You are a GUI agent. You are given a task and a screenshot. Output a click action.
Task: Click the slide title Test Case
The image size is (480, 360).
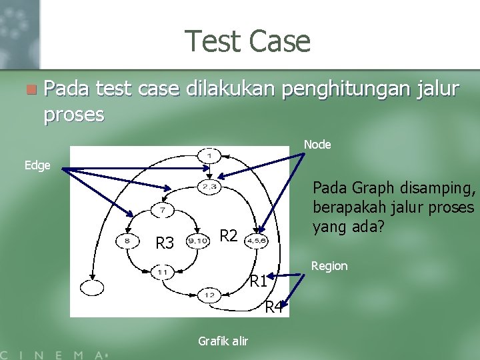[248, 41]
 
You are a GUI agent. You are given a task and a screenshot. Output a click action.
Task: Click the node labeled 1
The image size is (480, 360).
[209, 155]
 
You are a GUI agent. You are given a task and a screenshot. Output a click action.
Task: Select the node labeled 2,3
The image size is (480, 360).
[209, 187]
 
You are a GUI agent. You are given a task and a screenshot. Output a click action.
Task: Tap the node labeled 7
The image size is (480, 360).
[163, 211]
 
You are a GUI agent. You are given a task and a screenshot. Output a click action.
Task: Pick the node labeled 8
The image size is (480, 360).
[127, 241]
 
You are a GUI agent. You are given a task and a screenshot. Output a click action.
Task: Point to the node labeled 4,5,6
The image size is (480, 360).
[257, 241]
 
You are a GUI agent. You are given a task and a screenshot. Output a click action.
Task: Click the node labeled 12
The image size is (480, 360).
[209, 295]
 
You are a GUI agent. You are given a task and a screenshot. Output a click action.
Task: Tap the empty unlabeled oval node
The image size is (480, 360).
[92, 287]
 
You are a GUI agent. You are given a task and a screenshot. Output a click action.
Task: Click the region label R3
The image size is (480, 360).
[165, 243]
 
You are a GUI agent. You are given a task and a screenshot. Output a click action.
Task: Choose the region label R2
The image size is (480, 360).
[229, 235]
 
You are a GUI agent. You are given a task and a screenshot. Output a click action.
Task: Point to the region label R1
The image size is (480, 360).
[259, 281]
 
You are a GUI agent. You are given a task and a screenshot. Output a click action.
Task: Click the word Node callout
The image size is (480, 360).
[317, 145]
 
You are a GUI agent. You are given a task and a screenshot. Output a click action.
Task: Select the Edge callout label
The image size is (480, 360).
[37, 165]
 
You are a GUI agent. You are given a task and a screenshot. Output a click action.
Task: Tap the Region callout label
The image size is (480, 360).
[329, 266]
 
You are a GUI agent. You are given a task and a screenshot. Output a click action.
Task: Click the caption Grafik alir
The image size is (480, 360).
[223, 341]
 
